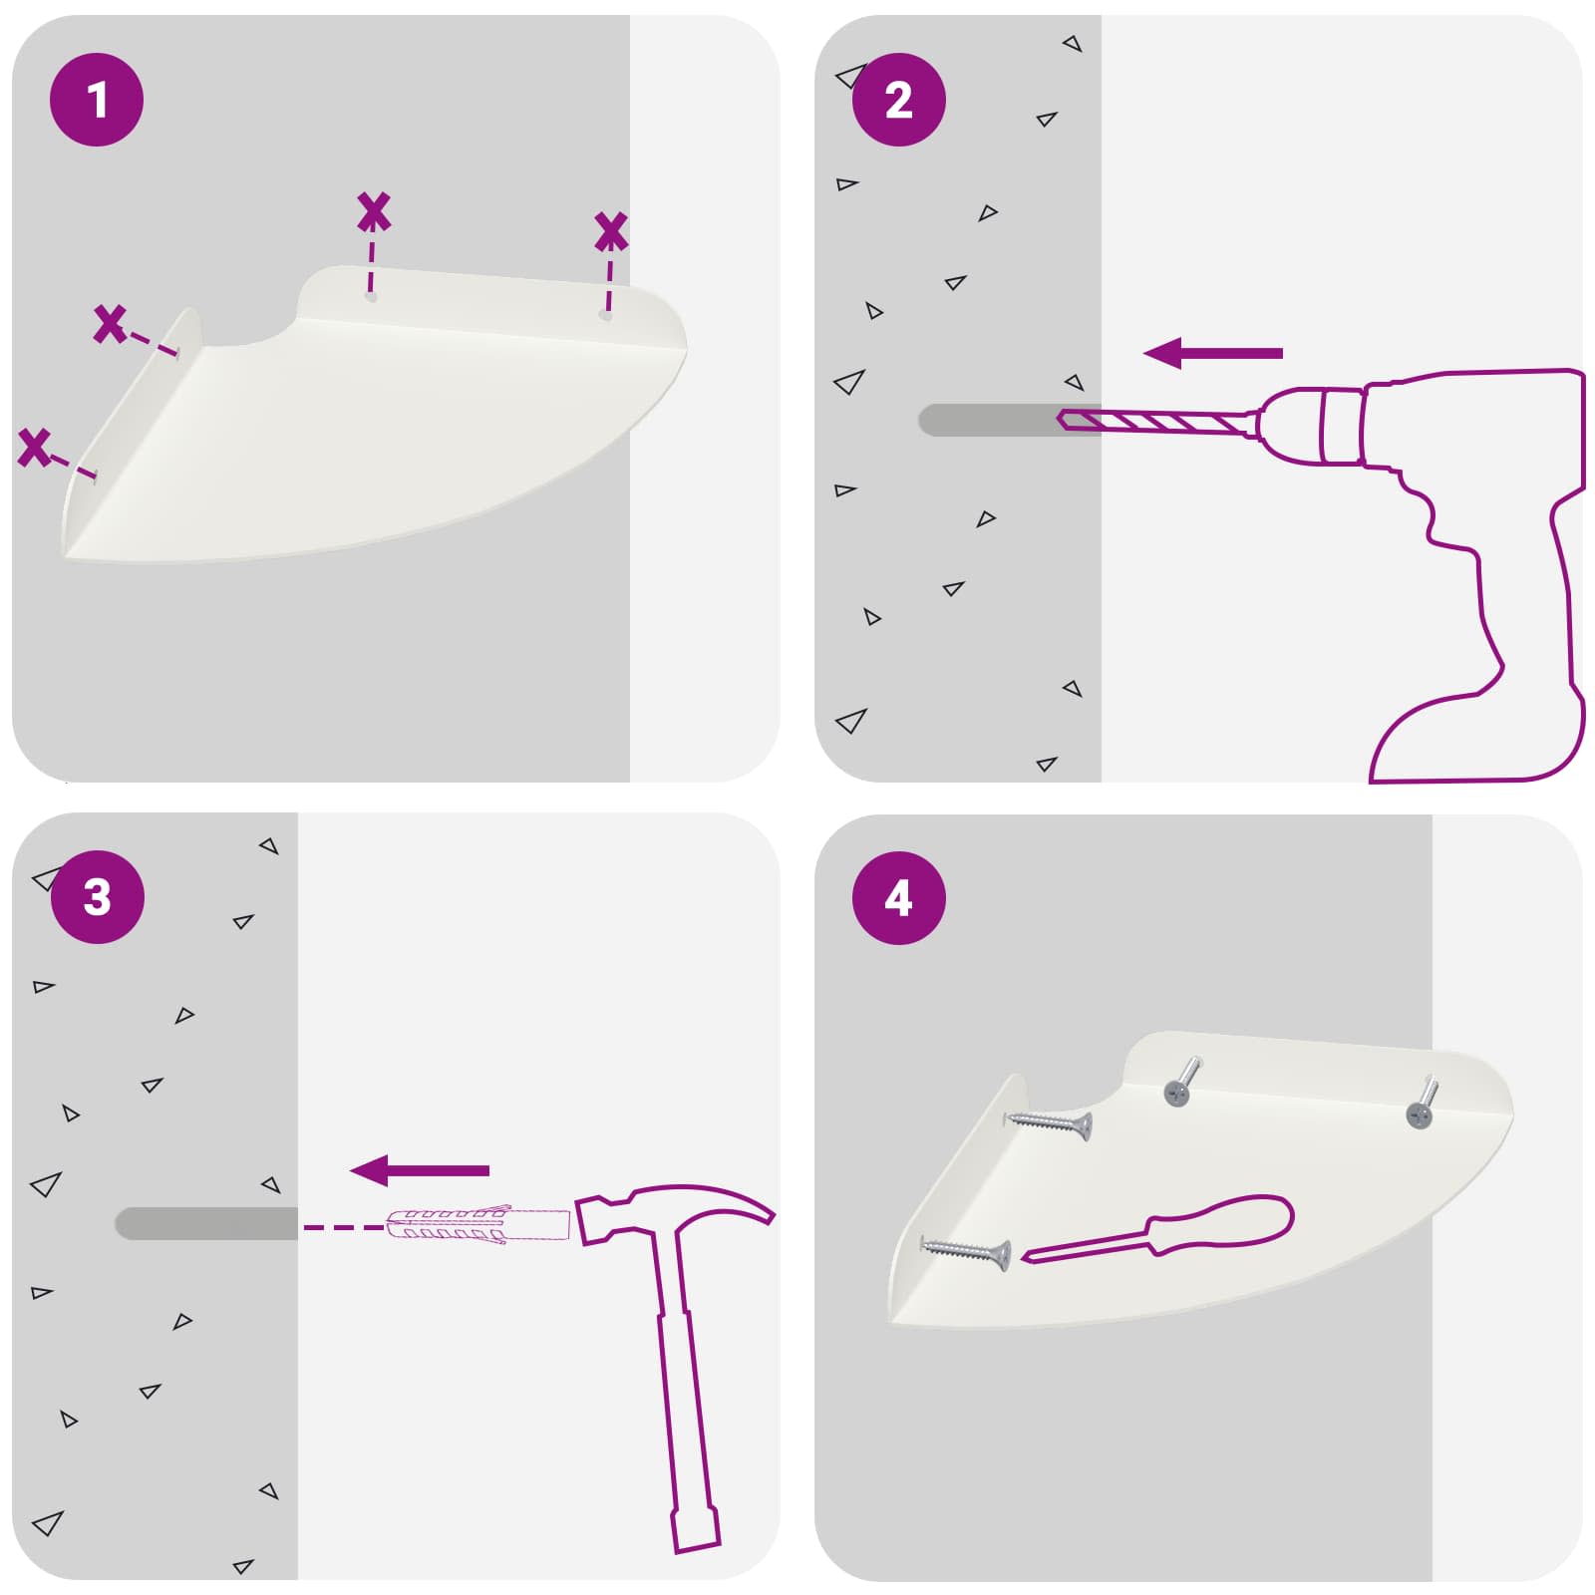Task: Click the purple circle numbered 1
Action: pos(97,100)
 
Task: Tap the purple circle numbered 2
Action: pos(898,100)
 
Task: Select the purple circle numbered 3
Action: pos(97,897)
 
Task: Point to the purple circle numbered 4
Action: pos(898,898)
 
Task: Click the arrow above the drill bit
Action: pos(1212,353)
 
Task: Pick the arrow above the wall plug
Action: pos(420,1170)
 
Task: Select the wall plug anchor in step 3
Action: pos(477,1224)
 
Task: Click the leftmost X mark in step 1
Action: pos(34,447)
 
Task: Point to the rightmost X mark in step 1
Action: pos(610,231)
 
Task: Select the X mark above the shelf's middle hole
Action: pos(374,212)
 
